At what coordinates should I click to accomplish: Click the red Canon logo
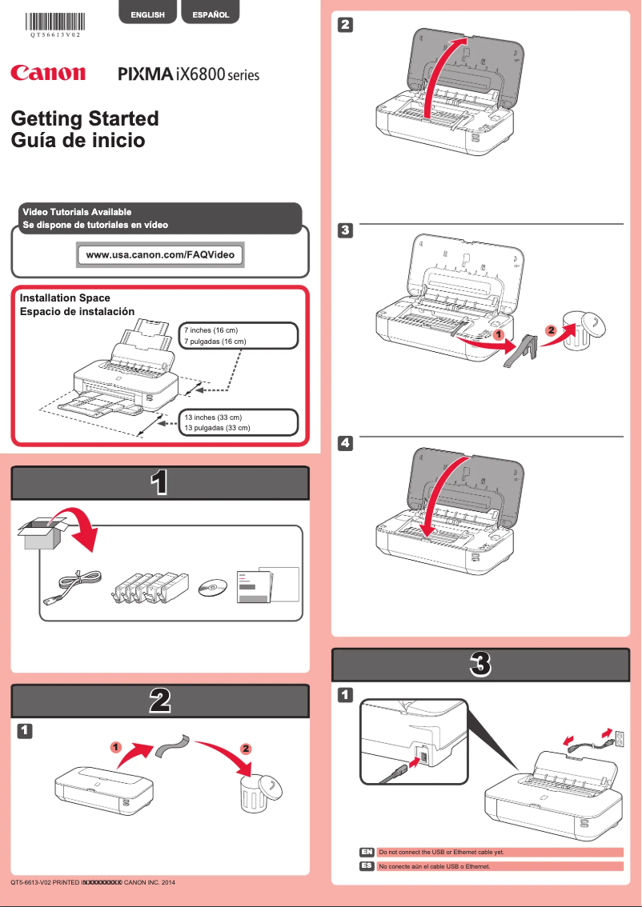47,73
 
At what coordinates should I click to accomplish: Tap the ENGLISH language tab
147,14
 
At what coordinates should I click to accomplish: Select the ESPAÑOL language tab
211,14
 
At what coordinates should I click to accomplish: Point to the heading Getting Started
85,118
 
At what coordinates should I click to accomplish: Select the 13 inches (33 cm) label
213,418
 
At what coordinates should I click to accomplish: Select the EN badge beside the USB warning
367,852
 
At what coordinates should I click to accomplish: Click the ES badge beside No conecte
367,866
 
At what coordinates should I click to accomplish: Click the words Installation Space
65,298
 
